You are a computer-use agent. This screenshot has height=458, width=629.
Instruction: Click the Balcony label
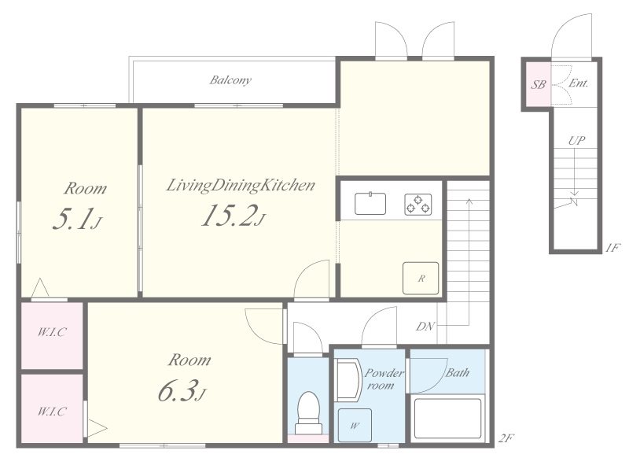pyautogui.click(x=230, y=80)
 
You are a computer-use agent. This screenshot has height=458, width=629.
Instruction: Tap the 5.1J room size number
pyautogui.click(x=77, y=219)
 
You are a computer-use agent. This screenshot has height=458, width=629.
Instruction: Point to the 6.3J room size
pyautogui.click(x=182, y=390)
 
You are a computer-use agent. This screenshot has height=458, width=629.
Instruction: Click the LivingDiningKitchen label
pyautogui.click(x=241, y=186)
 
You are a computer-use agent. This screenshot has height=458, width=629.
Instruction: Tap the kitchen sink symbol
pyautogui.click(x=370, y=204)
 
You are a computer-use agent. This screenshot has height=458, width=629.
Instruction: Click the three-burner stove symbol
pyautogui.click(x=418, y=205)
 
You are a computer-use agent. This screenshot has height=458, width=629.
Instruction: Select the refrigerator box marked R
pyautogui.click(x=421, y=278)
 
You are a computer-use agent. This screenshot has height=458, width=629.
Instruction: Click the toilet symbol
pyautogui.click(x=309, y=412)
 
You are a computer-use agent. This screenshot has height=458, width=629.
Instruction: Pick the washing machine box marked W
pyautogui.click(x=355, y=426)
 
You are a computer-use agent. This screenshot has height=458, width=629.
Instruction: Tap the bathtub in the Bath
pyautogui.click(x=447, y=418)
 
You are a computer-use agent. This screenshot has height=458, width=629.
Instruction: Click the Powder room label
pyautogui.click(x=384, y=379)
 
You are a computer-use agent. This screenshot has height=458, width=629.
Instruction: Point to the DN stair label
pyautogui.click(x=425, y=327)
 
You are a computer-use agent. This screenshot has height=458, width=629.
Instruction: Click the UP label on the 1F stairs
pyautogui.click(x=576, y=141)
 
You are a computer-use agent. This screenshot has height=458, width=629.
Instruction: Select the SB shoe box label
pyautogui.click(x=539, y=85)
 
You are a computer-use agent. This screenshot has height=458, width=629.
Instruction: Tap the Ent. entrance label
pyautogui.click(x=579, y=83)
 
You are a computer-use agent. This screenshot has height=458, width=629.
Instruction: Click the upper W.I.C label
pyautogui.click(x=52, y=332)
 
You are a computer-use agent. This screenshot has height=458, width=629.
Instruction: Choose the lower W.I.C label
pyautogui.click(x=52, y=411)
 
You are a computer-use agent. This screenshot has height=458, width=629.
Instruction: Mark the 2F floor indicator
pyautogui.click(x=506, y=438)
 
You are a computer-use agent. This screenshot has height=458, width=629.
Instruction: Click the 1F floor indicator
pyautogui.click(x=613, y=248)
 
